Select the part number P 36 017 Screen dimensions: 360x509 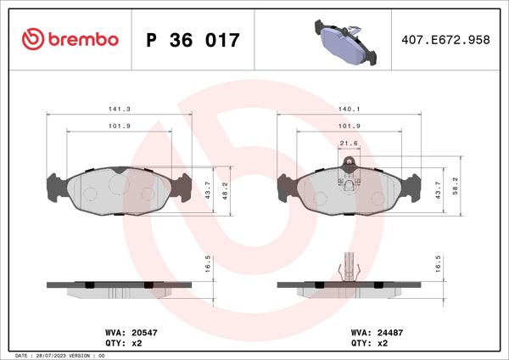pyautogui.click(x=193, y=40)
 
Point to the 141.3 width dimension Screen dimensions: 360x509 pyautogui.click(x=119, y=109)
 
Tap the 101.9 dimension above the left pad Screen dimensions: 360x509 pyautogui.click(x=119, y=127)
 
